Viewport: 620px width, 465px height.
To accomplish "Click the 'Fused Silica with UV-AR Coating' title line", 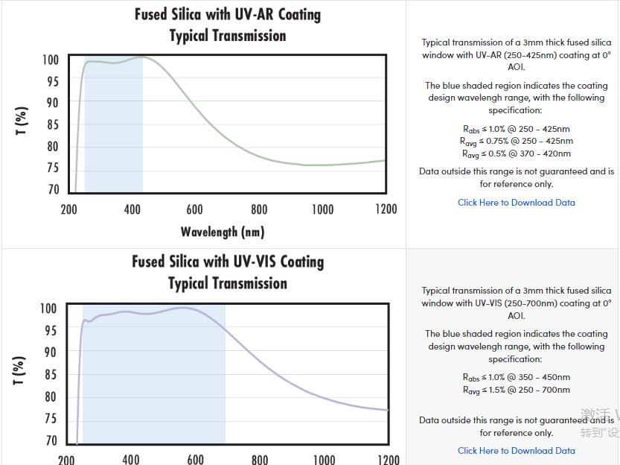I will tap(228, 14).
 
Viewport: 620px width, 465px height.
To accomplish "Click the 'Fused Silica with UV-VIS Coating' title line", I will tap(228, 262).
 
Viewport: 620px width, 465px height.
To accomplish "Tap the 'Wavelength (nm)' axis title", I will tap(223, 232).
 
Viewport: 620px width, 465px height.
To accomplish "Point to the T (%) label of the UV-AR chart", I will tap(22, 121).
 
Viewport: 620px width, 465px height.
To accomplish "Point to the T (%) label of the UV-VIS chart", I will tap(20, 370).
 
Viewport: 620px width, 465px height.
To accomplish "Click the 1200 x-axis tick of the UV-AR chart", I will tap(386, 209).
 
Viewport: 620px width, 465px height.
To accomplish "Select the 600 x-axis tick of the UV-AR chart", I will tap(195, 209).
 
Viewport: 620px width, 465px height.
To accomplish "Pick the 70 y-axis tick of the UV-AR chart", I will tap(53, 189).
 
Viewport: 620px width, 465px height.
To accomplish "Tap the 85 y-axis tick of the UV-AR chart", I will tap(53, 124).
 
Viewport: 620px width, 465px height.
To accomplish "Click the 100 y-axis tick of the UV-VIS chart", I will tap(48, 309).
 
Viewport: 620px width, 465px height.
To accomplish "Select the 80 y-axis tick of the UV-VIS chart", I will tap(51, 397).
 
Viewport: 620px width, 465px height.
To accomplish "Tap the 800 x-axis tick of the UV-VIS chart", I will tap(260, 459).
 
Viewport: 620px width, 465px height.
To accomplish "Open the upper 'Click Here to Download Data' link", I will tap(516, 202).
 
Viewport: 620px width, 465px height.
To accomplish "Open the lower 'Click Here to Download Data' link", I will tap(516, 450).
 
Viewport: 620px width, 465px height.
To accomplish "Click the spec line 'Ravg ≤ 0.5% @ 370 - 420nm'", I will tap(516, 154).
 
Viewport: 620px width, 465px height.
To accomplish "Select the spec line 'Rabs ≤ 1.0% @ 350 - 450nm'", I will tap(516, 377).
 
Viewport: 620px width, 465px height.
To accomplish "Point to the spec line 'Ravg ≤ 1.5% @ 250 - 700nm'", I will tap(516, 390).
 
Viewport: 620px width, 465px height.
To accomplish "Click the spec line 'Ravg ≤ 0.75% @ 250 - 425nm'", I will tap(516, 141).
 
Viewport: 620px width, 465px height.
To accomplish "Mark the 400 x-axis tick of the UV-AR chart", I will tap(132, 209).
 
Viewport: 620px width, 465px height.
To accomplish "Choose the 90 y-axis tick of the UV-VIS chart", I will tap(51, 352).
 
